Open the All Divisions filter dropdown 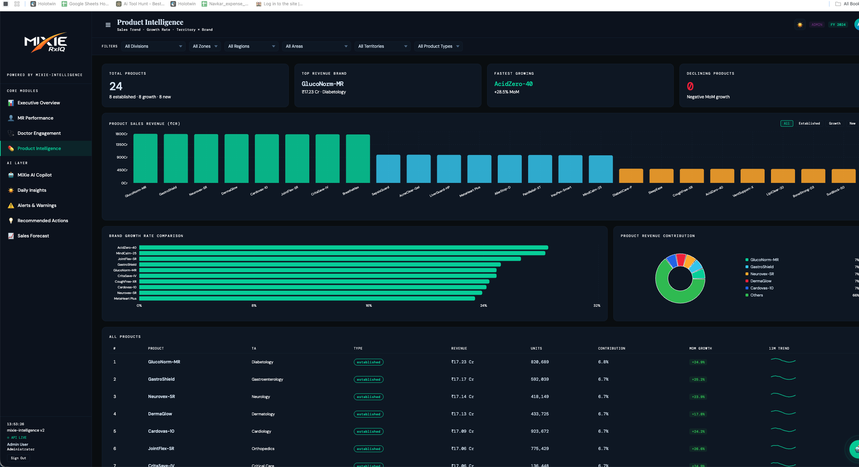pos(153,46)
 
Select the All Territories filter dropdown pos(382,46)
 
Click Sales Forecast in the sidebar pos(33,236)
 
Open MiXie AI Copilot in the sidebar pos(34,175)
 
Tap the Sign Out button pos(18,458)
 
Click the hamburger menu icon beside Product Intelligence pos(108,25)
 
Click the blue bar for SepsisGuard pos(388,169)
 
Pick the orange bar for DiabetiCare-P pos(631,176)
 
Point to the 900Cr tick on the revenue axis pos(122,157)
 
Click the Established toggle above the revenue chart pos(809,123)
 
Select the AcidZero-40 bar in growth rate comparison pos(343,248)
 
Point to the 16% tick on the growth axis pos(369,306)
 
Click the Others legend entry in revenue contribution pos(756,295)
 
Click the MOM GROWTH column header pos(700,348)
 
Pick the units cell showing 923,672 pos(539,431)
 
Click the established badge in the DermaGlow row pos(368,414)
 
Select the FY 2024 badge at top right pos(838,25)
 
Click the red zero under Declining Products pos(690,86)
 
